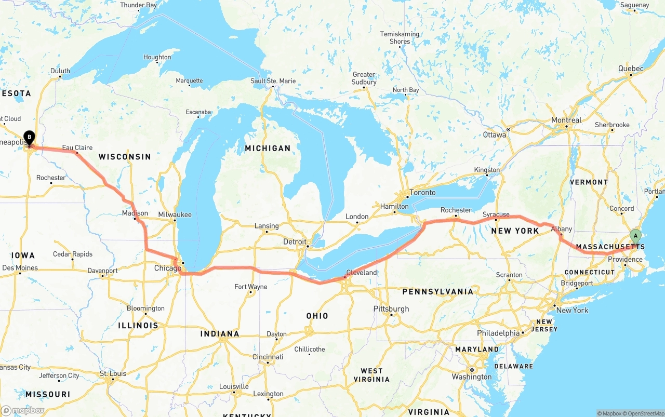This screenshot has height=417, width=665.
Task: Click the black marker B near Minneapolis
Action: (30, 138)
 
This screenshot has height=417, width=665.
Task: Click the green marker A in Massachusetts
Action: (635, 237)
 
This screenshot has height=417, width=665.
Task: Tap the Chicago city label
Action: (167, 268)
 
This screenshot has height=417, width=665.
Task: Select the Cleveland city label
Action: (361, 273)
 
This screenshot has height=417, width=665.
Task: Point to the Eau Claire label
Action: (77, 148)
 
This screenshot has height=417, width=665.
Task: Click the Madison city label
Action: (135, 213)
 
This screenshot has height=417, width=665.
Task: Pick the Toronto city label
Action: (422, 193)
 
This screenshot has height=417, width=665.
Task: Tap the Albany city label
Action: (561, 229)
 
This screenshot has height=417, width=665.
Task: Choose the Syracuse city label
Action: (496, 214)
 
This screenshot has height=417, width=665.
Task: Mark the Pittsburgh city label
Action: (391, 309)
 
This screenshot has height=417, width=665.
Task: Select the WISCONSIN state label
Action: (125, 157)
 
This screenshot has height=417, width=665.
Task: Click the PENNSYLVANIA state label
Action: (437, 292)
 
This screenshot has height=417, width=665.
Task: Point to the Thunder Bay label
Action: (138, 5)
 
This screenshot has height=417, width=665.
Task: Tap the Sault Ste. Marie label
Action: (273, 81)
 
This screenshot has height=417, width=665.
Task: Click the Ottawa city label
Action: (494, 135)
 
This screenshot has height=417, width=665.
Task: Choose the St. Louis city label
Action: (113, 374)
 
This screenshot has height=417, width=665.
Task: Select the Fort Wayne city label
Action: (250, 287)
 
